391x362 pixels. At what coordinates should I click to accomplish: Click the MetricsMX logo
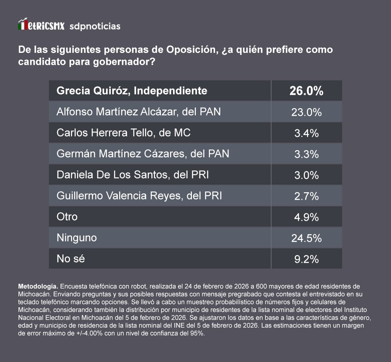point(41,25)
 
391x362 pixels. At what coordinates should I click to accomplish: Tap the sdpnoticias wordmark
point(94,26)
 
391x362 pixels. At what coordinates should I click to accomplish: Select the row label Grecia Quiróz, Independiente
point(132,90)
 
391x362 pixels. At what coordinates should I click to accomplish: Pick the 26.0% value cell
point(306,91)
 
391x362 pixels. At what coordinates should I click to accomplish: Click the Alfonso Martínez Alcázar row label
point(138,112)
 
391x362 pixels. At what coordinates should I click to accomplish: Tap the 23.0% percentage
point(306,112)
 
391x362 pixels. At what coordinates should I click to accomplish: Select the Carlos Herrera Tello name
point(123,133)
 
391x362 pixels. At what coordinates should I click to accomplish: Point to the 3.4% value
point(306,133)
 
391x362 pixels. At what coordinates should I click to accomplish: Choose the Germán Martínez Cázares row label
point(143,154)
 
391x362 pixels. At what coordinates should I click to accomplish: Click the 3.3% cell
point(306,154)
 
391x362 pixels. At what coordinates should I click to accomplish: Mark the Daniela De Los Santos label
point(133,175)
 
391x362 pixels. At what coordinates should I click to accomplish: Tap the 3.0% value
point(306,175)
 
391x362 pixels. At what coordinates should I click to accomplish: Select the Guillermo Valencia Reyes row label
point(139,196)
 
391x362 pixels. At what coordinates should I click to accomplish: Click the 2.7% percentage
point(306,196)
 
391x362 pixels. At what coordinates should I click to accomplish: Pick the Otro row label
point(67,217)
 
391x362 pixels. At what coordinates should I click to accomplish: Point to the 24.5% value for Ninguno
point(306,238)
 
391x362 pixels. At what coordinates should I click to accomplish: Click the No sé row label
point(71,259)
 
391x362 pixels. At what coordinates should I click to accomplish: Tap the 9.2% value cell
point(306,259)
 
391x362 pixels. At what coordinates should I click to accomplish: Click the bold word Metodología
point(37,286)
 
